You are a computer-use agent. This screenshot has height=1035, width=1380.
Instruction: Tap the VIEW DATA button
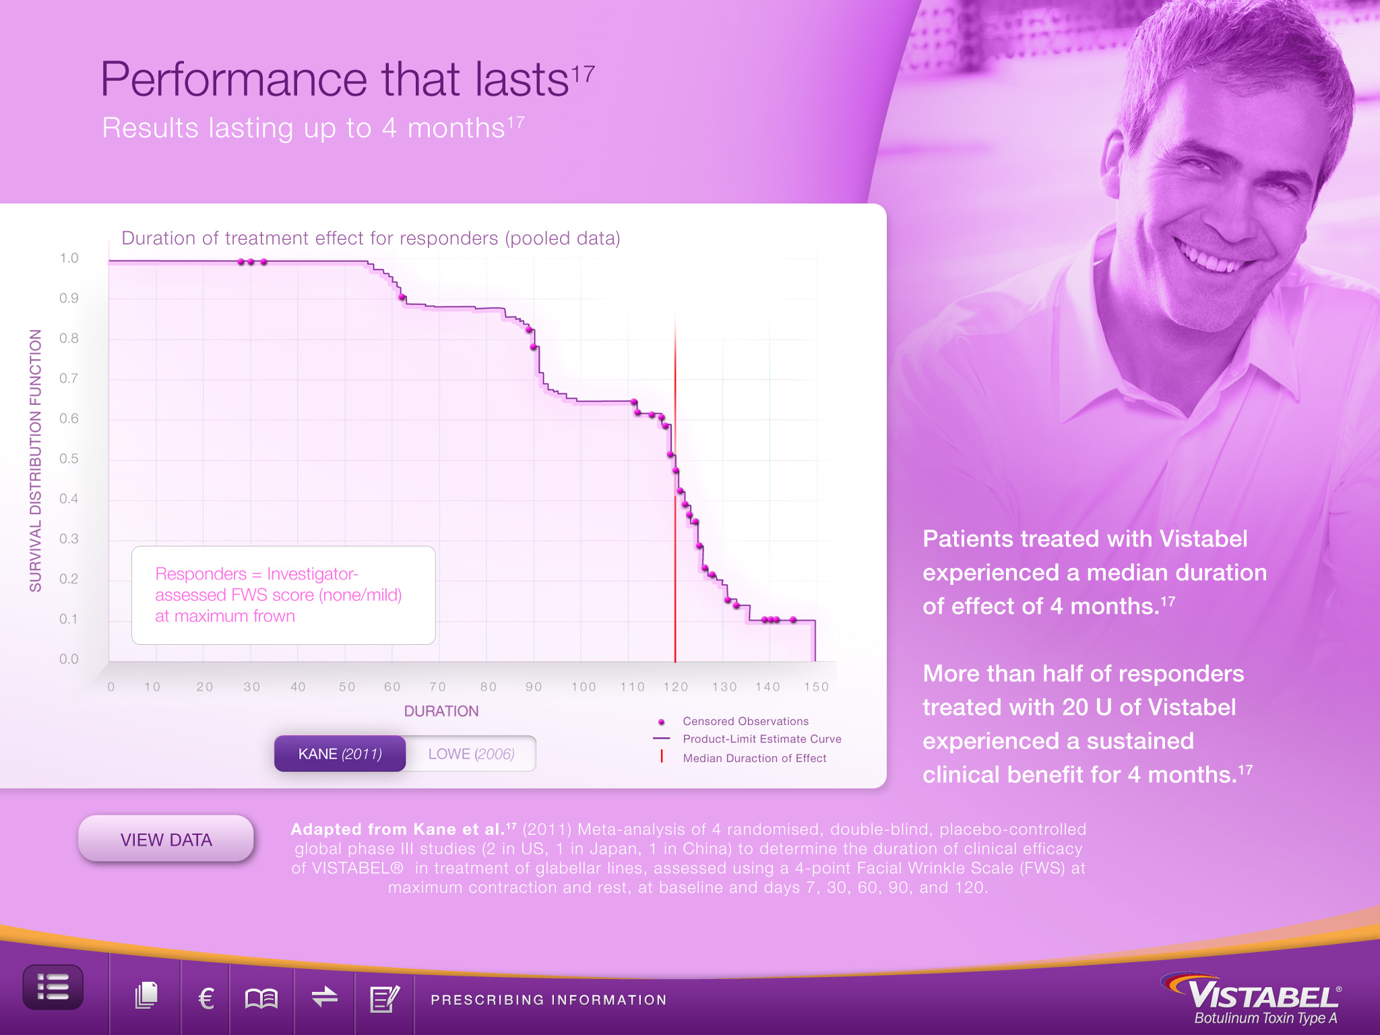(x=166, y=839)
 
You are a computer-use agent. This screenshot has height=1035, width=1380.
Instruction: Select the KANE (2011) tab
(x=340, y=753)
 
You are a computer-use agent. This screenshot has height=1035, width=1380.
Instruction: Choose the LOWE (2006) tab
(x=471, y=753)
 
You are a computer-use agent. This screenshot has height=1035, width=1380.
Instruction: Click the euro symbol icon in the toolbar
(x=206, y=998)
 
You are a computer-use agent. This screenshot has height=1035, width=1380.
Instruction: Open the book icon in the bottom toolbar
(x=261, y=998)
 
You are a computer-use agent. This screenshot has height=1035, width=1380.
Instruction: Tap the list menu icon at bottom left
(x=53, y=987)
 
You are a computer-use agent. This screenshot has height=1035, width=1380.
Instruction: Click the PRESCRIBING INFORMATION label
(x=548, y=1000)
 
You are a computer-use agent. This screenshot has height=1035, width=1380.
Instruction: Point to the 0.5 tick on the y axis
(x=69, y=459)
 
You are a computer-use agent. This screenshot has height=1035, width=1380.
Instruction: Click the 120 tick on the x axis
(x=675, y=687)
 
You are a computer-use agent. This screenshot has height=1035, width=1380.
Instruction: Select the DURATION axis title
(x=441, y=711)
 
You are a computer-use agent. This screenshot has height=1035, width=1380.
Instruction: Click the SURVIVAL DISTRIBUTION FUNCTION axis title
(x=36, y=460)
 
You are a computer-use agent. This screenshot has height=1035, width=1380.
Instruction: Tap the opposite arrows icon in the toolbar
(x=325, y=997)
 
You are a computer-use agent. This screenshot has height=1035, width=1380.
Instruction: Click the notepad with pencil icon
(x=385, y=998)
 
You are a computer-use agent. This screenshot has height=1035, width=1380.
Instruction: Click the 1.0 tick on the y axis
(x=69, y=258)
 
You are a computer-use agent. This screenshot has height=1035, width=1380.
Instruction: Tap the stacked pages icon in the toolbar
(x=146, y=996)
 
